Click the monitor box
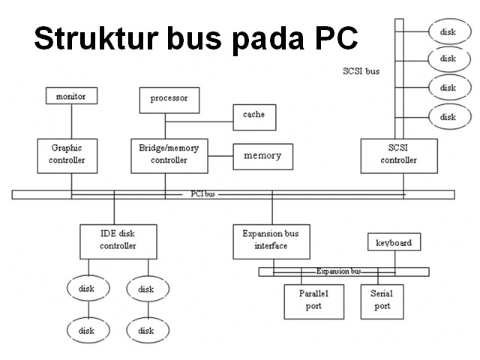71,96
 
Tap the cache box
253,115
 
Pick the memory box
262,156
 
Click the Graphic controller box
67,154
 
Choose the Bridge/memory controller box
169,154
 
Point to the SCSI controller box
398,154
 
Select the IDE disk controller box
118,240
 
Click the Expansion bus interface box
271,240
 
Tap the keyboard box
393,243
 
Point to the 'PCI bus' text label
202,194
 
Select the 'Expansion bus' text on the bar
339,271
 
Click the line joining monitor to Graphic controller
72,121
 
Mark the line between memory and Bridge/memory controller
220,156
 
